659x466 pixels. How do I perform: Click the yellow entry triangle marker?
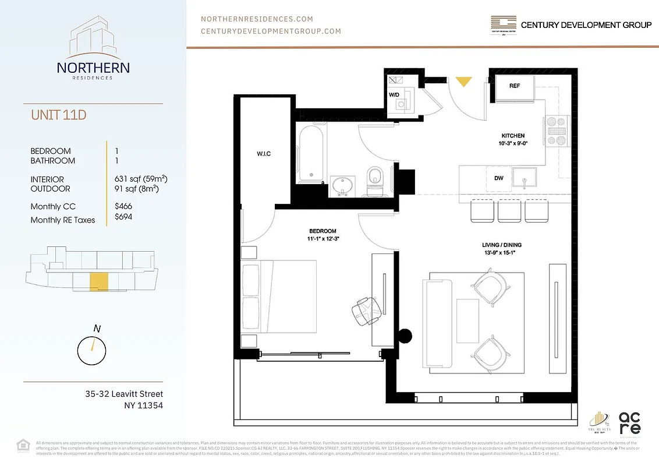point(463,82)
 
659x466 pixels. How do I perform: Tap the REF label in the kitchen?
point(514,86)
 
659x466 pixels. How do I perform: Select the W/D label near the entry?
point(394,94)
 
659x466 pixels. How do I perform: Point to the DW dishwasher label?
point(499,178)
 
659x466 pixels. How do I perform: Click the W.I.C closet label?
point(264,154)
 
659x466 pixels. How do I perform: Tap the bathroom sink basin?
point(342,185)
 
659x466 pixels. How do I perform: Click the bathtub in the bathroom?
point(309,154)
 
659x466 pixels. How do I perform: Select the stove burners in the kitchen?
point(554,129)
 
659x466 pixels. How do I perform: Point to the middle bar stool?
point(509,210)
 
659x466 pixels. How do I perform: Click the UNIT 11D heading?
point(58,115)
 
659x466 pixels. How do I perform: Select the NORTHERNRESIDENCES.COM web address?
point(257,19)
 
